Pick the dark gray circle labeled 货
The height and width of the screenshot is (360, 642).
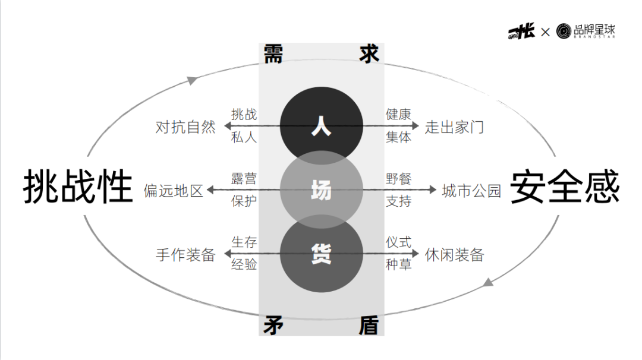[321, 255]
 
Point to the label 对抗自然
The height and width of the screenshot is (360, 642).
[185, 127]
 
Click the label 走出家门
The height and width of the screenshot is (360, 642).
[455, 127]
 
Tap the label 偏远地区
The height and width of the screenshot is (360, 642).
[174, 191]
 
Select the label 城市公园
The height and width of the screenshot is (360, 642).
[471, 191]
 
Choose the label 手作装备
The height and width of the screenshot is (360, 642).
[185, 255]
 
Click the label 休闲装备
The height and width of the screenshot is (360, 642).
[455, 255]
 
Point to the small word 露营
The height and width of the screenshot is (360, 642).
[244, 179]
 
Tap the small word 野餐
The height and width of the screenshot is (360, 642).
[398, 179]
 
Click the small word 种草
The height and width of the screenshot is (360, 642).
[398, 264]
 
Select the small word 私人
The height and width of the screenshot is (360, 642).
[244, 137]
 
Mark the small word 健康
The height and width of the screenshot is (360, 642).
[398, 115]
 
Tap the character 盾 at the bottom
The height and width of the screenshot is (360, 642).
[369, 325]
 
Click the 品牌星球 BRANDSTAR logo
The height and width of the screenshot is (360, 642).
[586, 31]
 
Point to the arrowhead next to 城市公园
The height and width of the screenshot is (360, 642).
[433, 190]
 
